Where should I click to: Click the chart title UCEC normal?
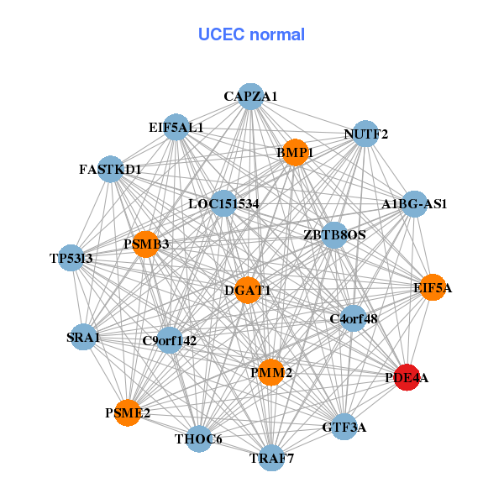pyautogui.click(x=251, y=34)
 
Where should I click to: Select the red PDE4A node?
pyautogui.click(x=407, y=377)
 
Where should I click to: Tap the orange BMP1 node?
pyautogui.click(x=294, y=152)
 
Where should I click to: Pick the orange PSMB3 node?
pyautogui.click(x=145, y=244)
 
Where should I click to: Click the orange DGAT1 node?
pyautogui.click(x=248, y=290)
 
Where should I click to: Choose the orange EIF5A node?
pyautogui.click(x=432, y=287)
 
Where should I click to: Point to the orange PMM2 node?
pyautogui.click(x=270, y=372)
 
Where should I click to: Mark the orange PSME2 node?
pyautogui.click(x=128, y=412)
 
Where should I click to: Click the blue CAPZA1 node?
pyautogui.click(x=250, y=97)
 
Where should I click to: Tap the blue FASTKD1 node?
pyautogui.click(x=111, y=169)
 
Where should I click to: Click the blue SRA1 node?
pyautogui.click(x=83, y=337)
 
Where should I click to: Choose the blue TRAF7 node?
pyautogui.click(x=271, y=458)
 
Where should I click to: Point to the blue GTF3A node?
pyautogui.click(x=344, y=427)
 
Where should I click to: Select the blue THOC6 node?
pyautogui.click(x=198, y=438)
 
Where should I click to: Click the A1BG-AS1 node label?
pyautogui.click(x=414, y=204)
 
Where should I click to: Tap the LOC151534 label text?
pyautogui.click(x=223, y=204)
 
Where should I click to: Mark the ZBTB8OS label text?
pyautogui.click(x=334, y=235)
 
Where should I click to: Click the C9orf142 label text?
pyautogui.click(x=170, y=341)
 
